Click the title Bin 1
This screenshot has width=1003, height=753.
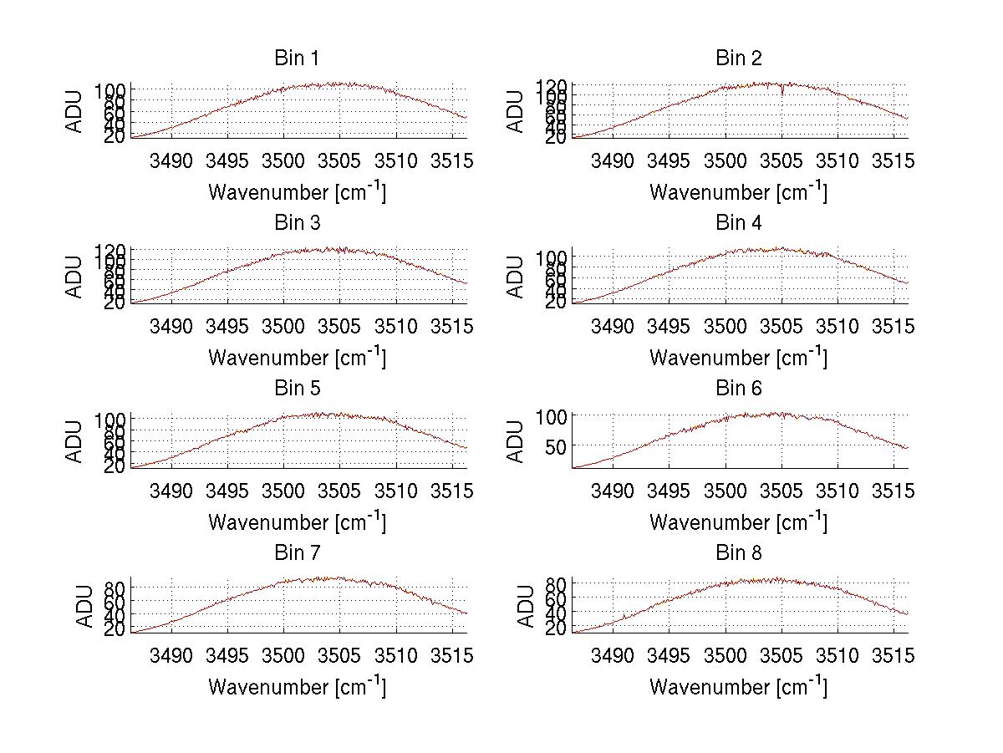click(297, 59)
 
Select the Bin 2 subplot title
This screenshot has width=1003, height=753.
click(739, 59)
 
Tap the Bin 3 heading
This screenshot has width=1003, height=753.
click(297, 223)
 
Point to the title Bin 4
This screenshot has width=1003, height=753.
click(739, 223)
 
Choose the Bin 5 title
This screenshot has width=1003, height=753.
click(297, 389)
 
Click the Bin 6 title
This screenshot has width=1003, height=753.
click(739, 389)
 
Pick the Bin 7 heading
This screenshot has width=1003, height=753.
click(297, 553)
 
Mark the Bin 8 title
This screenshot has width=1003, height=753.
click(739, 553)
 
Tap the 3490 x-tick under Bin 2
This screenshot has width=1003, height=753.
click(613, 160)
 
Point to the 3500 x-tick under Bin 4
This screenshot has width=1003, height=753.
click(726, 326)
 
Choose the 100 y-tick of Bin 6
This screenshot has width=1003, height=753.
click(552, 416)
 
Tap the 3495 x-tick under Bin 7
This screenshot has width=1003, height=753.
click(227, 656)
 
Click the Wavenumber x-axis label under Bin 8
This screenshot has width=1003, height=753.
click(739, 687)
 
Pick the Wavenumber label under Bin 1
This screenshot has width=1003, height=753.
click(297, 192)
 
